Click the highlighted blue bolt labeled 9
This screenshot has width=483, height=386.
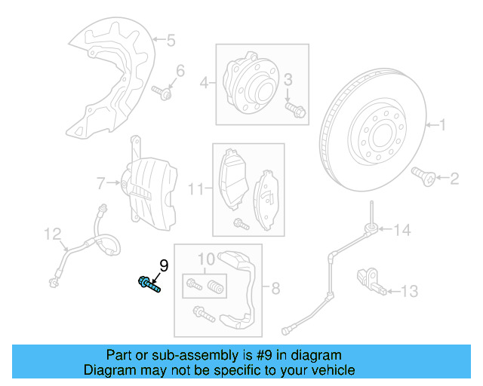(149, 284)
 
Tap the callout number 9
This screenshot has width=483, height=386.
(163, 265)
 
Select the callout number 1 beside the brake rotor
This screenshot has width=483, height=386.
(443, 124)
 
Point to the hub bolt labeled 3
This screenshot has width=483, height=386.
(295, 109)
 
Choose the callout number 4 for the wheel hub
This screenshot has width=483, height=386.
(203, 83)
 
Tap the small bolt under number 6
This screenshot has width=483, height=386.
(163, 91)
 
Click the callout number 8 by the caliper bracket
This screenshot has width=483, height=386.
(275, 287)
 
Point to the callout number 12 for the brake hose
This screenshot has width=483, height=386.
(51, 235)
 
